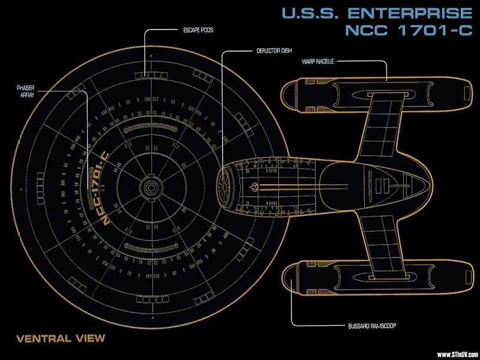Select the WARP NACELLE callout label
click(x=318, y=61)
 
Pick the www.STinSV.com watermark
click(x=457, y=354)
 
